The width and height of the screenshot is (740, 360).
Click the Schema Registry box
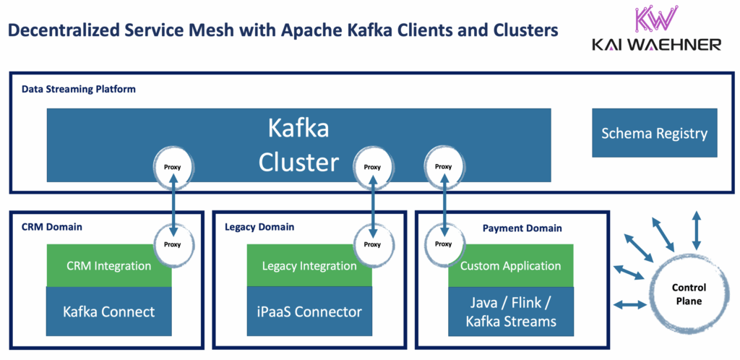[x=654, y=133]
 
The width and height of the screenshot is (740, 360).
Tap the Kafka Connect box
[x=109, y=312]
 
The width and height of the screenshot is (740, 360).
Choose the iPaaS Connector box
[x=309, y=312]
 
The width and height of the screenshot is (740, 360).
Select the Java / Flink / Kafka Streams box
[x=510, y=311]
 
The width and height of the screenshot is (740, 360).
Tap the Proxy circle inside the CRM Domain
[x=172, y=244]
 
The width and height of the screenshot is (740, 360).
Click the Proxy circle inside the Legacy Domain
[x=372, y=244]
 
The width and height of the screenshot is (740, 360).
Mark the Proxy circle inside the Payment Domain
[x=444, y=244]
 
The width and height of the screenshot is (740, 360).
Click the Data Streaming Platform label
[x=79, y=89]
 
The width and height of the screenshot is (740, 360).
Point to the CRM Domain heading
[x=51, y=227]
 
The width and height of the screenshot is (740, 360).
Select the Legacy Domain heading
[x=259, y=227]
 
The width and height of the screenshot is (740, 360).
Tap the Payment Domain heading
[x=522, y=228]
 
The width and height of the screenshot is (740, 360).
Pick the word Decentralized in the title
[x=66, y=30]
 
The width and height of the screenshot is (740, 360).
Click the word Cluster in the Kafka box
[x=298, y=161]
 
